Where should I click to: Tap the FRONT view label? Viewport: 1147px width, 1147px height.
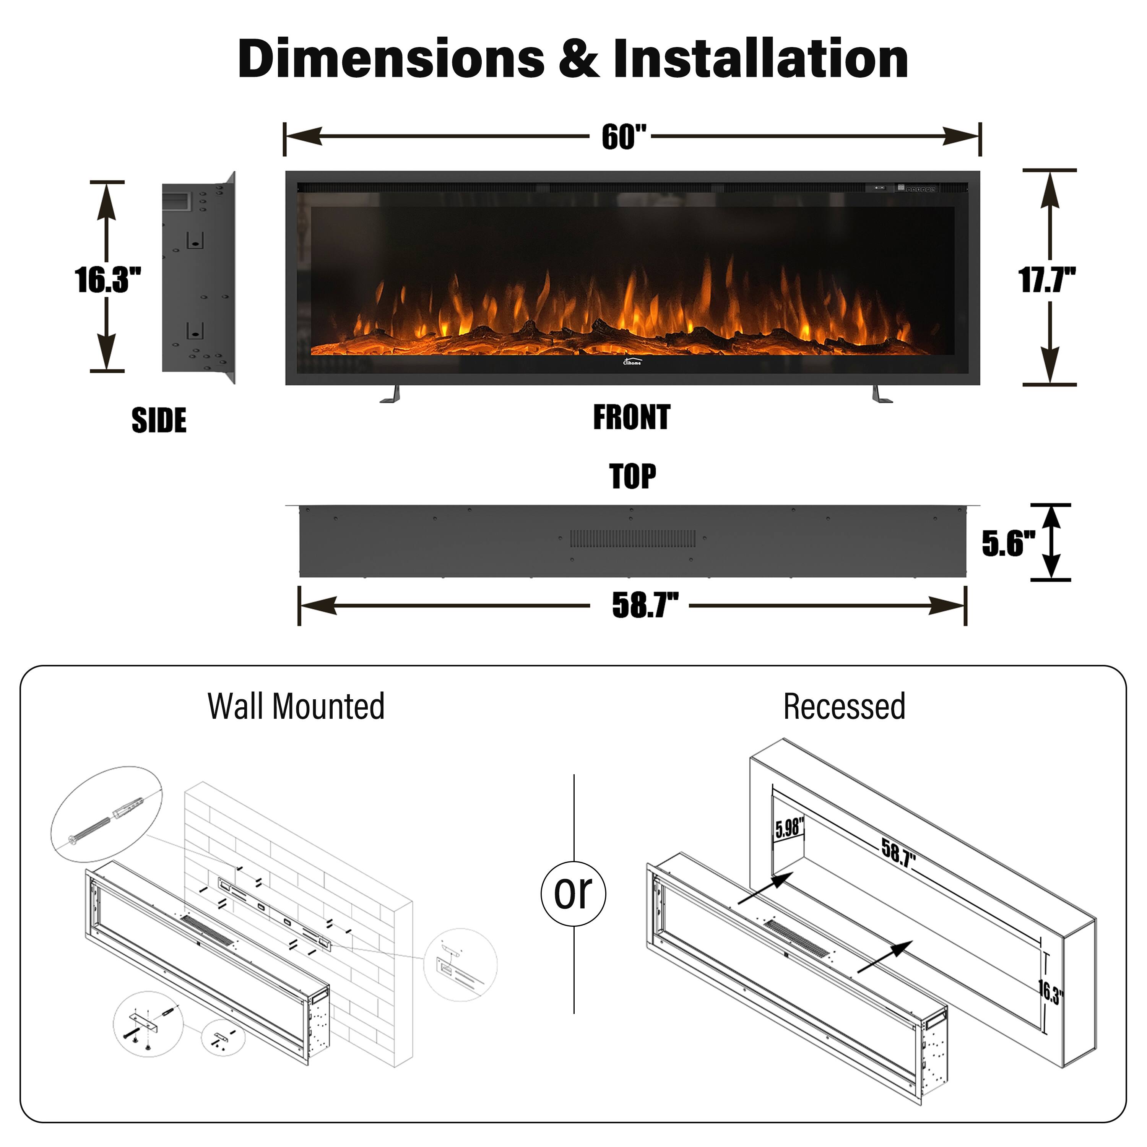(632, 418)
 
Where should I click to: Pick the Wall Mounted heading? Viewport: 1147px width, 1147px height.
(296, 707)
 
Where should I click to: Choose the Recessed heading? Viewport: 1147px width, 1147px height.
(844, 707)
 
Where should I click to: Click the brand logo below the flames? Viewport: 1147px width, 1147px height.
(632, 361)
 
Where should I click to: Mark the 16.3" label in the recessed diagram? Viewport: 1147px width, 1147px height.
(1050, 991)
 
